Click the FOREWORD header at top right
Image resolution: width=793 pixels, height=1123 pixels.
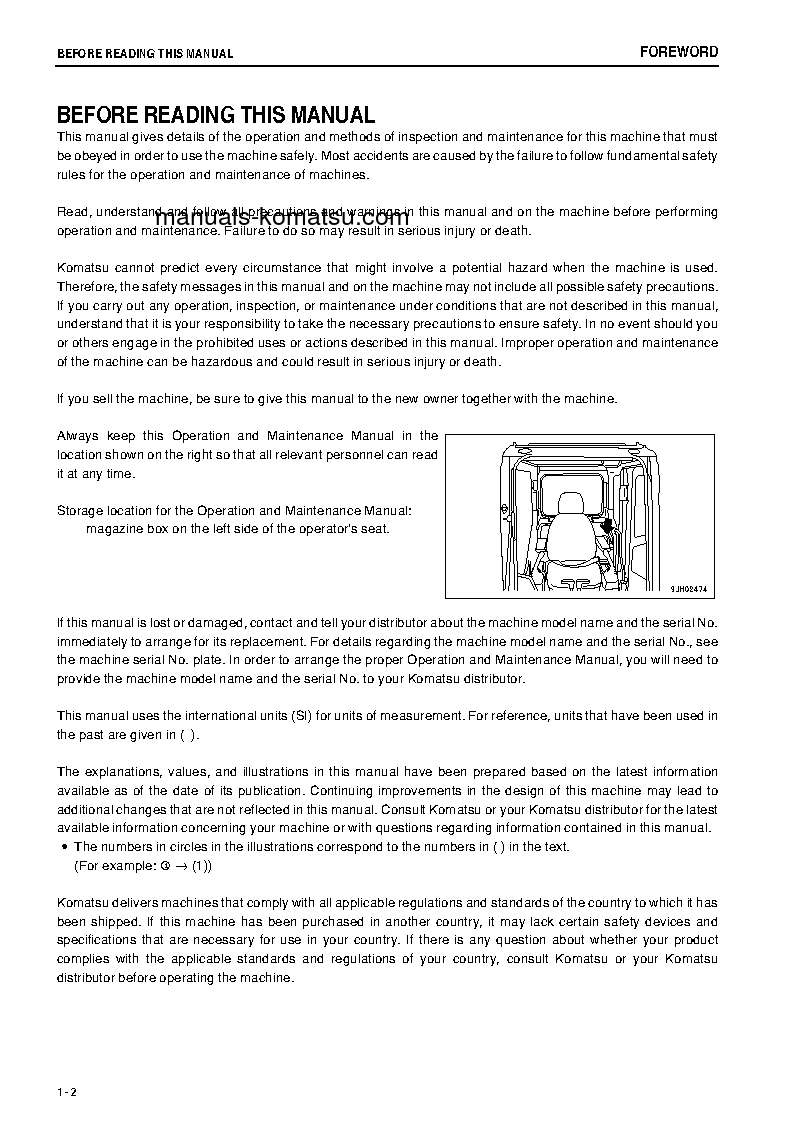click(678, 52)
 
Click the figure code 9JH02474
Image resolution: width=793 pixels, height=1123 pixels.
click(689, 589)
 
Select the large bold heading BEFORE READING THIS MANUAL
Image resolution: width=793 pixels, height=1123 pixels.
click(216, 116)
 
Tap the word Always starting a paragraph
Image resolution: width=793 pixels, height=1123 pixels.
click(77, 436)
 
